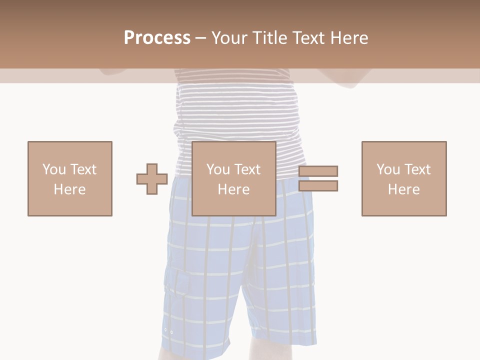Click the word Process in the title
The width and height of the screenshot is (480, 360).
click(x=157, y=37)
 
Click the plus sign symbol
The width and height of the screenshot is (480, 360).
click(x=152, y=179)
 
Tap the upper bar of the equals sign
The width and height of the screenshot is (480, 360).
click(x=318, y=171)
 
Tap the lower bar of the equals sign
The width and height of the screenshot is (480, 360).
click(x=318, y=186)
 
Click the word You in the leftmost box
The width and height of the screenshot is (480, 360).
click(x=54, y=169)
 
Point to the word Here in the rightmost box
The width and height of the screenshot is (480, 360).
click(x=404, y=189)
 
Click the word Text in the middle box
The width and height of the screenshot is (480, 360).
click(x=246, y=169)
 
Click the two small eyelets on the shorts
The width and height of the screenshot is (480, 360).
click(x=168, y=331)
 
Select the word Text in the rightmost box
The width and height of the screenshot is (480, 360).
click(x=416, y=169)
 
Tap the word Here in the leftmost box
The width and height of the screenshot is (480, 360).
click(x=70, y=189)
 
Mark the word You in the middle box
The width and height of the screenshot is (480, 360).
click(x=218, y=169)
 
